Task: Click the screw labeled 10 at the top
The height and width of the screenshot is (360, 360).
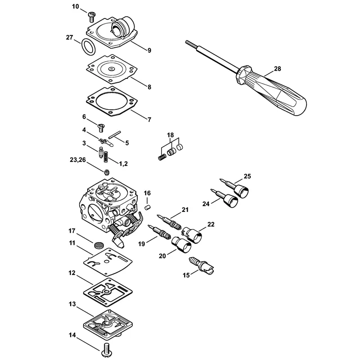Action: [x=91, y=18]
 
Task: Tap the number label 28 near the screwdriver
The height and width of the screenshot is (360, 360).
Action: [x=277, y=69]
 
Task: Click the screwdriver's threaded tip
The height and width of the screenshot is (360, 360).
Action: [x=190, y=44]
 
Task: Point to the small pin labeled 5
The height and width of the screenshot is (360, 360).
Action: [x=115, y=134]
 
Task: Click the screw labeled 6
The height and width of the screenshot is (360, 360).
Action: [x=100, y=128]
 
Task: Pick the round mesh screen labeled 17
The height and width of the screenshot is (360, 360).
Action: [x=98, y=245]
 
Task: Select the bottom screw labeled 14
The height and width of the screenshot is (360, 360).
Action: [x=106, y=351]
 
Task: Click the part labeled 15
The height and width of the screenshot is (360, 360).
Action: [x=201, y=265]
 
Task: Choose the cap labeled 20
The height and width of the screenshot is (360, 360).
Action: [x=181, y=244]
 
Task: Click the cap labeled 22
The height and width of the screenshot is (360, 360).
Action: [x=192, y=234]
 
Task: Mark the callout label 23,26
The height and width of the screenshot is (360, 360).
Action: [x=77, y=160]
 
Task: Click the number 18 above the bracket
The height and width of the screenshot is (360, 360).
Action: [x=171, y=135]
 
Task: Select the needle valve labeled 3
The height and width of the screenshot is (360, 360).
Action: [x=101, y=152]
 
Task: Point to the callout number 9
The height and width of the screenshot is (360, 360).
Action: [x=149, y=50]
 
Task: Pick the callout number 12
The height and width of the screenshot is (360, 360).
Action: [x=72, y=273]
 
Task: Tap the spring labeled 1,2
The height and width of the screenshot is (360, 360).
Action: [x=106, y=157]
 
